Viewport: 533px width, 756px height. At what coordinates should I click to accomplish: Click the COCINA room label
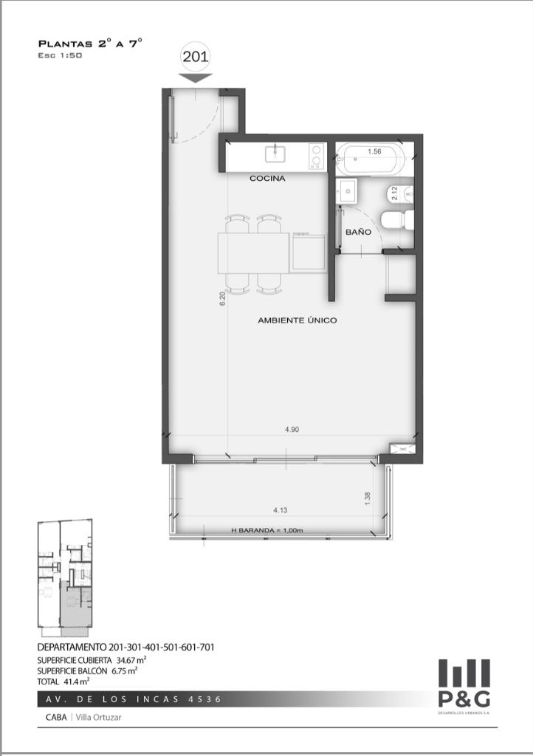[267, 179]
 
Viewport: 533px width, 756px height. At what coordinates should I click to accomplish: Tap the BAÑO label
[358, 232]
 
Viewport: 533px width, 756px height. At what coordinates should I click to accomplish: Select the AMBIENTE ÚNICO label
[297, 320]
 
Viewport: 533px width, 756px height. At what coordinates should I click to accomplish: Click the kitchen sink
[275, 154]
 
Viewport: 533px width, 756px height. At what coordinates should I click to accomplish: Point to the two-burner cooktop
[316, 156]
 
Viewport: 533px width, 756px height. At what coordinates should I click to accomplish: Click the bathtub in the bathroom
[368, 159]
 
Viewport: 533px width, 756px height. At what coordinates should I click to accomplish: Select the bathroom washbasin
[347, 191]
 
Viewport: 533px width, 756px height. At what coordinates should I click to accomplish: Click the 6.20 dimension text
[222, 299]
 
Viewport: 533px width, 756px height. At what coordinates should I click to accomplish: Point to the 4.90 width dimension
[292, 429]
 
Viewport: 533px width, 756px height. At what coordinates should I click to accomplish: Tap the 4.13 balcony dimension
[280, 509]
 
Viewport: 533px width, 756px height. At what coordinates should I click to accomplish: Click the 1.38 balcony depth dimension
[368, 498]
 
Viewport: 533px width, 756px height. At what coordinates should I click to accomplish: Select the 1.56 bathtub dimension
[374, 151]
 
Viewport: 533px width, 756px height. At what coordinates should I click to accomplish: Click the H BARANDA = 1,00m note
[267, 530]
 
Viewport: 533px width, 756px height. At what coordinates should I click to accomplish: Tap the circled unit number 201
[195, 56]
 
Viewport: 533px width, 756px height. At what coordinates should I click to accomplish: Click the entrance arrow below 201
[195, 78]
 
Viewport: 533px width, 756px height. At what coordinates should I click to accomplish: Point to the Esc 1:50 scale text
[60, 55]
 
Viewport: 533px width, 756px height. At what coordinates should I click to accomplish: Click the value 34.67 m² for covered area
[131, 660]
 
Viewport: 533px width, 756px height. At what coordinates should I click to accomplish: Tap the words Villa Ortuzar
[99, 717]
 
